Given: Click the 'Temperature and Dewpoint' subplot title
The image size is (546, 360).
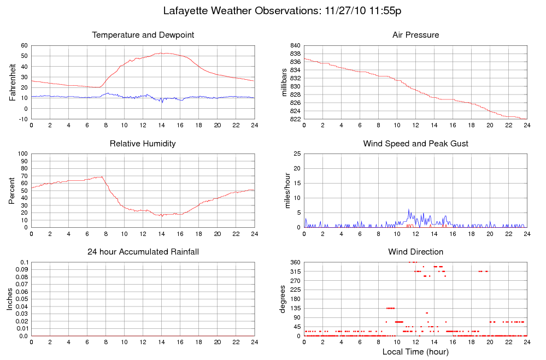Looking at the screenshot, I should (143, 35).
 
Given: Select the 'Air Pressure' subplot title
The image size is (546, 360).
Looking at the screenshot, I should (415, 35).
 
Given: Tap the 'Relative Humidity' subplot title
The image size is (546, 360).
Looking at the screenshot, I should (143, 144).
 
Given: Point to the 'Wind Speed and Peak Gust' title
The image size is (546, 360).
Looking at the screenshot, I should (415, 144).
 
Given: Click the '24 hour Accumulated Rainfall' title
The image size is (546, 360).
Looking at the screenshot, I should (143, 252).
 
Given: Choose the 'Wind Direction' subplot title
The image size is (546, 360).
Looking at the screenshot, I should (415, 252).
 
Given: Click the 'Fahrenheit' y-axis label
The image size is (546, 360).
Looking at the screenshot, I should (12, 82).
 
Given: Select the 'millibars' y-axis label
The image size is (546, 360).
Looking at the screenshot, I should (284, 82).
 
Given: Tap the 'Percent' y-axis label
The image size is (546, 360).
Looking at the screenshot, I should (12, 191).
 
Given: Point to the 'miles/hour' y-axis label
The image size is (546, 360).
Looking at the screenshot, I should (284, 191).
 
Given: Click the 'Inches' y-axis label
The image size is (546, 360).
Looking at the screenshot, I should (9, 299).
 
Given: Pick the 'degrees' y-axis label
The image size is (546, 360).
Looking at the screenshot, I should (284, 299).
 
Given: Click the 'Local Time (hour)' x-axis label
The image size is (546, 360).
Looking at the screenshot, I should (415, 351).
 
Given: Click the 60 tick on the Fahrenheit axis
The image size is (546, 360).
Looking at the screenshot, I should (24, 45).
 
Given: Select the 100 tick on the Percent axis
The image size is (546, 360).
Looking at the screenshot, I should (22, 154).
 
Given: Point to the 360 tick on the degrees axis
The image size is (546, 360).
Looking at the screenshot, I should (294, 262).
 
